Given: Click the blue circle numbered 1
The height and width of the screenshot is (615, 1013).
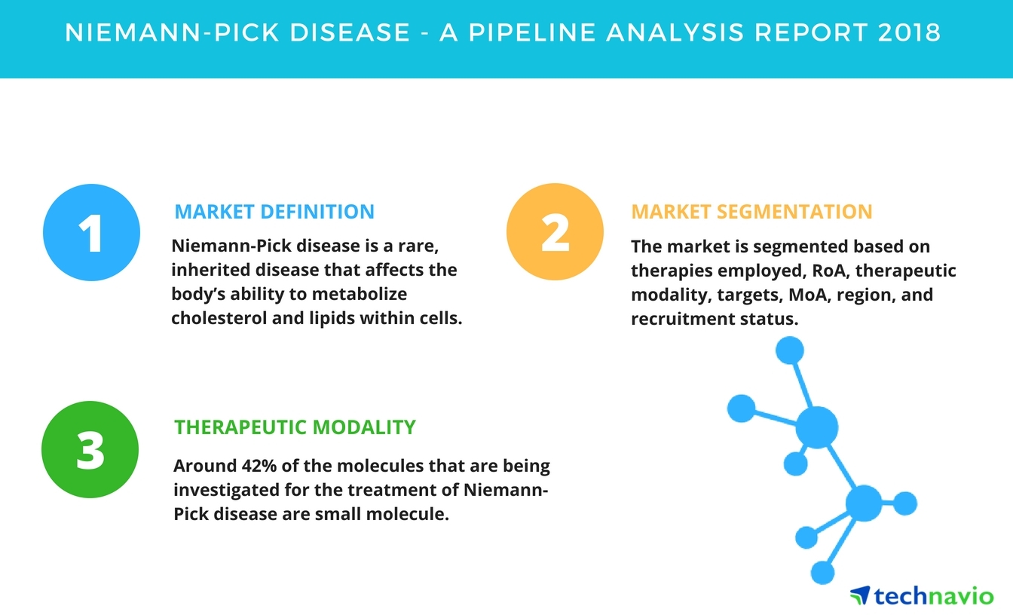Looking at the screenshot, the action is click(x=91, y=232).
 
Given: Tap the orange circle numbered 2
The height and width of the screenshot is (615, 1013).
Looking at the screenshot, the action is click(x=555, y=231).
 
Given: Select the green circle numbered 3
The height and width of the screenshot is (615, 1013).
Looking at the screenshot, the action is click(x=90, y=449).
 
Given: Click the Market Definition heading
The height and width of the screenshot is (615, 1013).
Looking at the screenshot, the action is click(x=274, y=212).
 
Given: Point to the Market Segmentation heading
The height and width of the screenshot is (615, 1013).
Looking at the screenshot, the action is click(x=751, y=212).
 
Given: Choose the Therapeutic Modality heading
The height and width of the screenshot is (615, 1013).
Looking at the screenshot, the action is click(x=295, y=427).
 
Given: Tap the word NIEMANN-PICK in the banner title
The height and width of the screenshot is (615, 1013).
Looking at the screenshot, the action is click(x=172, y=32).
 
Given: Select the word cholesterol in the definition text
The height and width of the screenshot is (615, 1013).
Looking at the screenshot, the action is click(x=219, y=318).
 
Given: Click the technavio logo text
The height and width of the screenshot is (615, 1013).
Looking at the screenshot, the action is click(x=934, y=595).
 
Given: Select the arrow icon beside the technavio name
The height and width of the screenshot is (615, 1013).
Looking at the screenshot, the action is click(x=860, y=595).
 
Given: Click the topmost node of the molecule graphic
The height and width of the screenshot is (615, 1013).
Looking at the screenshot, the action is click(x=790, y=350).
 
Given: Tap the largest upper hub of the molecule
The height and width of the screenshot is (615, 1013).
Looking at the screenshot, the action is click(x=817, y=427).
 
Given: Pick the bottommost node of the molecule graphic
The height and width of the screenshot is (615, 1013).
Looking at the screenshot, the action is click(x=822, y=573).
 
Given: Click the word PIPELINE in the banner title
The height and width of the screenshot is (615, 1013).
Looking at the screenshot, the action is click(x=532, y=32).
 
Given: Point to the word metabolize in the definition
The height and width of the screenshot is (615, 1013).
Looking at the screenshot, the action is click(x=360, y=294).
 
